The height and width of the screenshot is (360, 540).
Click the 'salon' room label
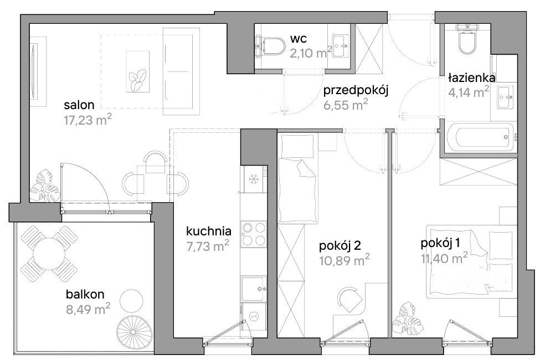[x=79, y=104]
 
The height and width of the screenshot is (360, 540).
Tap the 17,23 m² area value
[x=88, y=120]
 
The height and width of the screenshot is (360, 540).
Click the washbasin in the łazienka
[x=506, y=97]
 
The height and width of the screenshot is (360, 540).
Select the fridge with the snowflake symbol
[x=254, y=179]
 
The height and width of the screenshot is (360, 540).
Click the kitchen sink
[x=254, y=289]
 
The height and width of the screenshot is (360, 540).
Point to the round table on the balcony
[x=49, y=253]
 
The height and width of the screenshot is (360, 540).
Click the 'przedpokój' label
[x=356, y=90]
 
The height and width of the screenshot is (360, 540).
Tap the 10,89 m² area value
[x=344, y=260]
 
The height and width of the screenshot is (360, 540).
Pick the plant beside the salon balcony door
[x=44, y=186]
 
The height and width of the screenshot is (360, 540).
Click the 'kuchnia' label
[x=208, y=231]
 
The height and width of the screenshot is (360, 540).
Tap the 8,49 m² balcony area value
[x=88, y=309]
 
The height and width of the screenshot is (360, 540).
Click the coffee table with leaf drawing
[x=138, y=71]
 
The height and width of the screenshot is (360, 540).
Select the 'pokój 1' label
[x=440, y=244]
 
